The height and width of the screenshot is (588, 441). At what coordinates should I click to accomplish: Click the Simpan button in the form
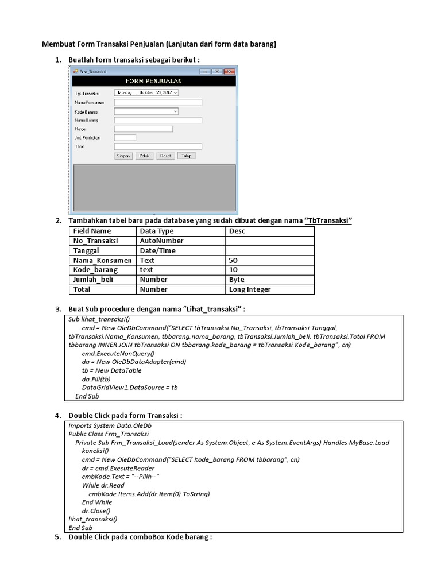pos(123,156)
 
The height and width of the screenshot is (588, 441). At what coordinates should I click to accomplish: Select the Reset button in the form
pos(165,156)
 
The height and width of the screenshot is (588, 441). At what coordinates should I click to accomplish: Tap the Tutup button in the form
pos(186,156)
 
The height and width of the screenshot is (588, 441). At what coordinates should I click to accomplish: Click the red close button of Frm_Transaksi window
pos(230,71)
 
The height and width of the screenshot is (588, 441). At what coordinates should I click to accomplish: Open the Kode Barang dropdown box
pos(146,111)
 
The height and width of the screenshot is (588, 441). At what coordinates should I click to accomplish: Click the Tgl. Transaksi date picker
pos(146,92)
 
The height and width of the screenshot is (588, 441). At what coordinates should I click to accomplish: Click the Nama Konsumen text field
pos(158,102)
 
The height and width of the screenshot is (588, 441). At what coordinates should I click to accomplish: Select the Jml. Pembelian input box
pos(125,138)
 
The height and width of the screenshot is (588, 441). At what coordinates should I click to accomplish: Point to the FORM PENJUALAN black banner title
pos(153,82)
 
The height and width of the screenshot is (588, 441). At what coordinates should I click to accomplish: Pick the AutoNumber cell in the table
pos(162,241)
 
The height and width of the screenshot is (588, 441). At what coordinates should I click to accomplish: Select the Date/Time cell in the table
pos(157,250)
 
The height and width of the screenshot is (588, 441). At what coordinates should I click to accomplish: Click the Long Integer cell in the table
pos(250,289)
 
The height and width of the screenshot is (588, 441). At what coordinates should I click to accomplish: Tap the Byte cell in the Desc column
pos(237,280)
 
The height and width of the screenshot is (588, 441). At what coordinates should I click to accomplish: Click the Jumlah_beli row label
pos(94,280)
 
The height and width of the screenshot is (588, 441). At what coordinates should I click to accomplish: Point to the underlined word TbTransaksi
pos(328,221)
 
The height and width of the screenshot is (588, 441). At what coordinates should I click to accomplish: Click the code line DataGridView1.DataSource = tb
pos(130,388)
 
